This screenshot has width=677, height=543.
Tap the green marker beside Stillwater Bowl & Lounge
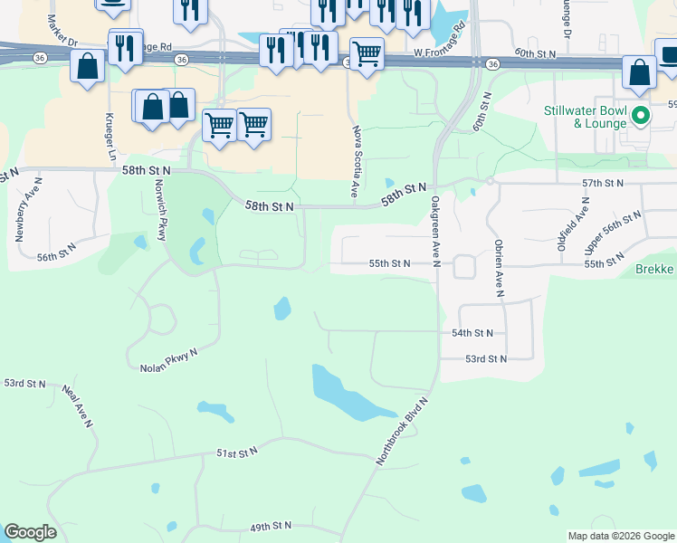[641, 115]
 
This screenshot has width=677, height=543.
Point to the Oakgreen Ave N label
[435, 231]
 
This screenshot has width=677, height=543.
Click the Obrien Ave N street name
[498, 269]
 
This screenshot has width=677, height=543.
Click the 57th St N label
[603, 184]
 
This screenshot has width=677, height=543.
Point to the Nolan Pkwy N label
[168, 362]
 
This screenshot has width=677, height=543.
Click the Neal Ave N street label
[78, 405]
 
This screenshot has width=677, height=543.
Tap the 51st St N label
[236, 451]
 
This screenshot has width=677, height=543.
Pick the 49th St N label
[271, 526]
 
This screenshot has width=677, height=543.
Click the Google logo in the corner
[31, 532]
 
